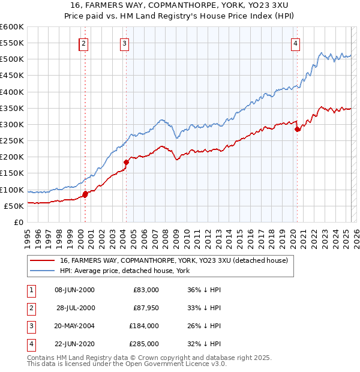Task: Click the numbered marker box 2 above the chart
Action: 83,43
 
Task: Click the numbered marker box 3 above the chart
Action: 124,43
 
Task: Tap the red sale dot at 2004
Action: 127,162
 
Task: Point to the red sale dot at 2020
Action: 298,129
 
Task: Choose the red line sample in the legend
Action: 43,261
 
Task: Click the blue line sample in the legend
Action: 43,271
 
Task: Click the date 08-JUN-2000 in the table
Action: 74,290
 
